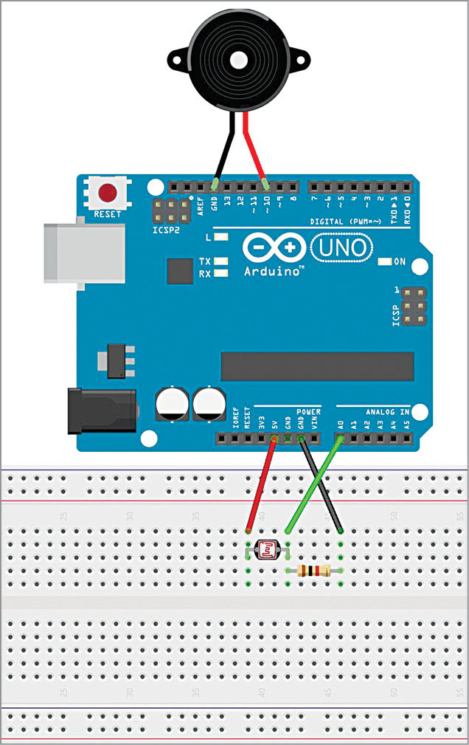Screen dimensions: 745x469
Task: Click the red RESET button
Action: coord(108,193)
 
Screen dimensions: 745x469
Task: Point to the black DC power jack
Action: coord(101,411)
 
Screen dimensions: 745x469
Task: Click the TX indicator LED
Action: coord(219,261)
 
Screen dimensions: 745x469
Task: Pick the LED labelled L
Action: coord(219,238)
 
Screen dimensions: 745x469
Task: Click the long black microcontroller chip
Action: coord(317,364)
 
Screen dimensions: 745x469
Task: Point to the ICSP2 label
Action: coord(166,230)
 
